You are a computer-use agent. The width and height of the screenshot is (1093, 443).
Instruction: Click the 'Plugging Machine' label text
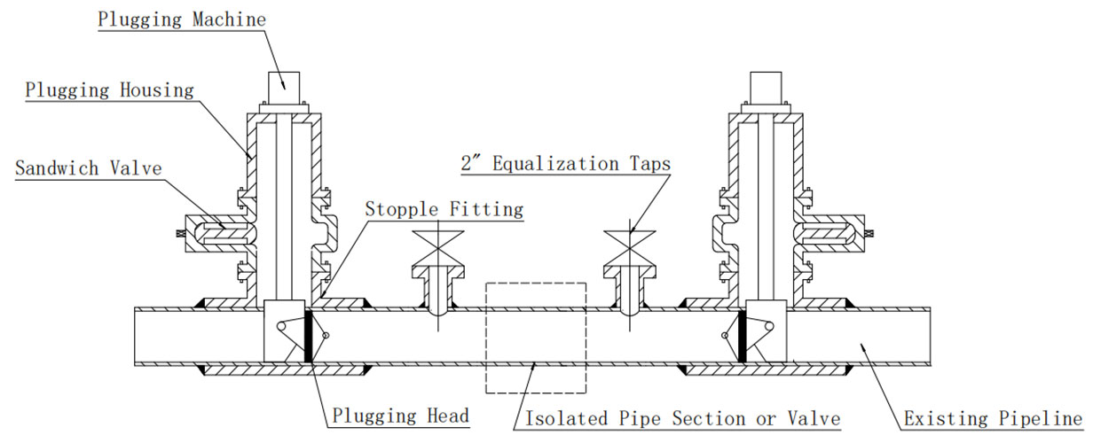click(x=182, y=19)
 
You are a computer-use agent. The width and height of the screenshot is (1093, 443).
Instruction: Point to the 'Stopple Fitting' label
click(x=445, y=210)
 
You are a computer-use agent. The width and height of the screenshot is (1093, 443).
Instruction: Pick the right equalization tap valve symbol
click(x=631, y=244)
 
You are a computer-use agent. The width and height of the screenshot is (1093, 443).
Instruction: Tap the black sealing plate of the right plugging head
click(x=740, y=335)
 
